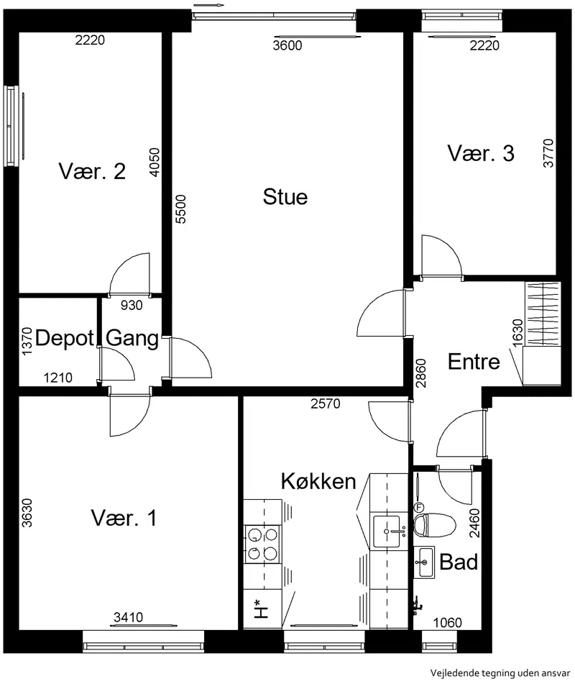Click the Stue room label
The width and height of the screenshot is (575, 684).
285,197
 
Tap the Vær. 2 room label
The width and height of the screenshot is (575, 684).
92,171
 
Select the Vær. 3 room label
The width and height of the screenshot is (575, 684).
481,153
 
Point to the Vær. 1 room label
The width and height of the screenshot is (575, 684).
124,518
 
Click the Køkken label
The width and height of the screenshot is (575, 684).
318,481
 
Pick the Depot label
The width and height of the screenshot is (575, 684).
65,338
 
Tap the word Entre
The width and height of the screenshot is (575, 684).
474,362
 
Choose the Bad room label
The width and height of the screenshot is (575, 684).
459,562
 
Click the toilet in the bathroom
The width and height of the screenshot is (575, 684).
434,525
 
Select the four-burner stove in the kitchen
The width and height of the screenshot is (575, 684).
262,544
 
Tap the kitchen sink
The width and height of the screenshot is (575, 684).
386,532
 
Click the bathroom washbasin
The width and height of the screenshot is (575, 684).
424,562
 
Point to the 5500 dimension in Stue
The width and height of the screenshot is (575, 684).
180,209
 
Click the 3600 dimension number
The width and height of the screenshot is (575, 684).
287,45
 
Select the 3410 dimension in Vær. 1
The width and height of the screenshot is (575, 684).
128,617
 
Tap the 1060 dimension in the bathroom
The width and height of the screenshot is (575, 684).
447,622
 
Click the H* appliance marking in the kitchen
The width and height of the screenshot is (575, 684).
261,609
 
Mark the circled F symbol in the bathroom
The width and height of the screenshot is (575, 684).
419,507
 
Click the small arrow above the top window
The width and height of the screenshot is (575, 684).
209,5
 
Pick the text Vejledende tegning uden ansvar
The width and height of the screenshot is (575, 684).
500,672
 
